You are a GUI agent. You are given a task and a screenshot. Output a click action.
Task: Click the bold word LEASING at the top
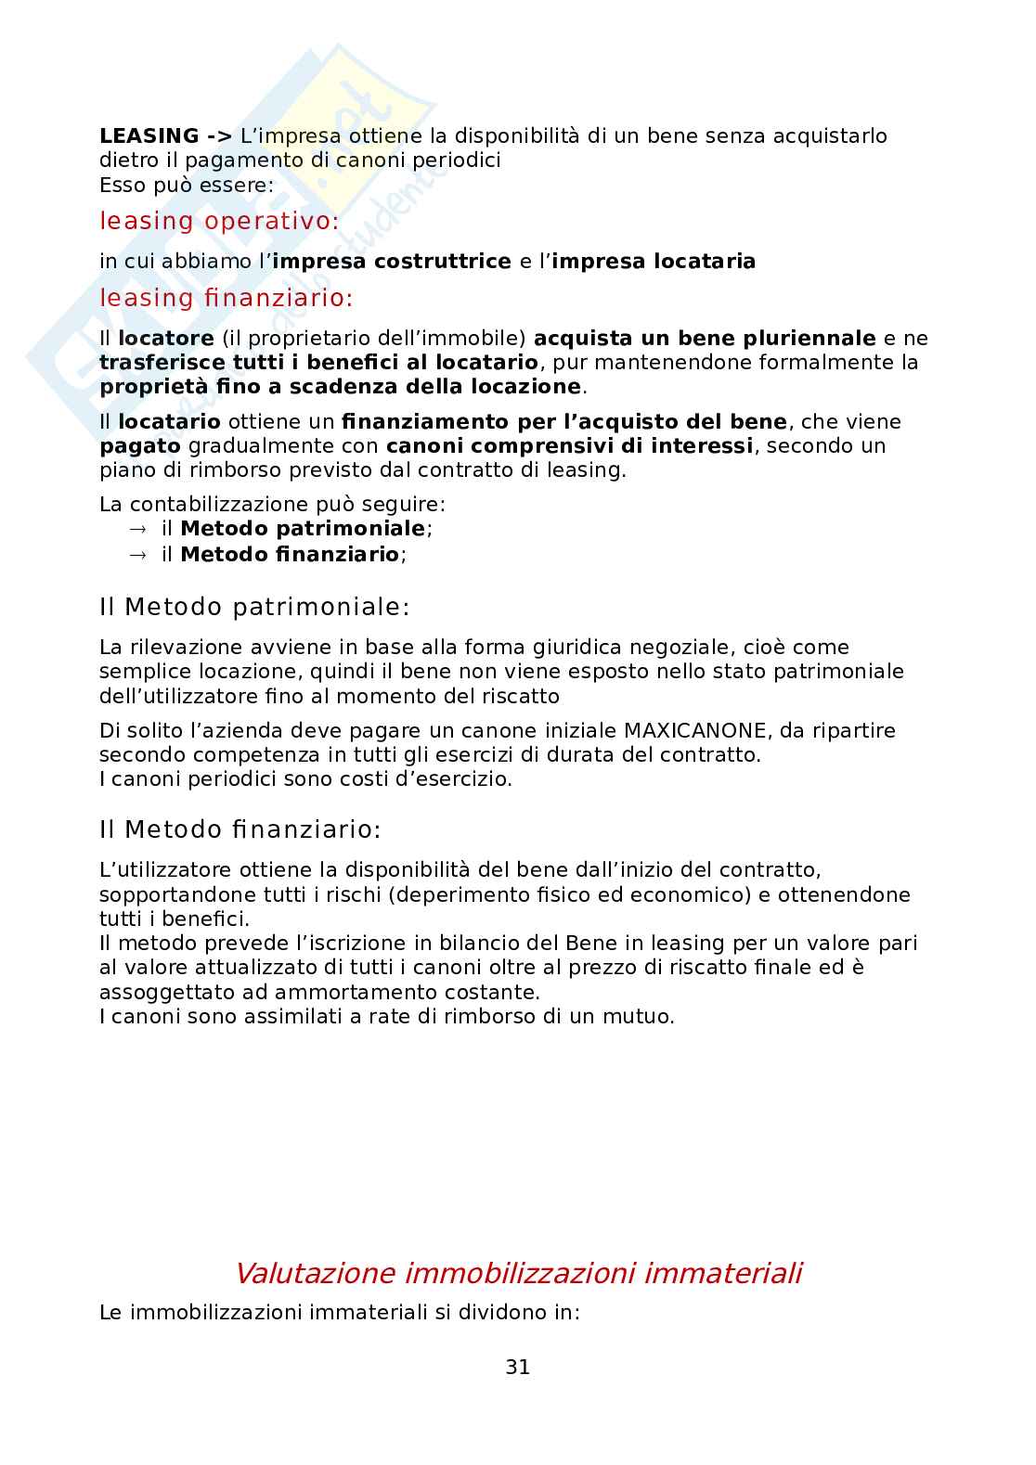(149, 136)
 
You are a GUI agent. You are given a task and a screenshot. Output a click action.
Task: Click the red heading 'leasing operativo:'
(219, 222)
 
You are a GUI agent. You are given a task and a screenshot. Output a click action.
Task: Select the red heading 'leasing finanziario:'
(227, 299)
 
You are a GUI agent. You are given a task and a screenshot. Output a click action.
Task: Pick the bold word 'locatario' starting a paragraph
(169, 422)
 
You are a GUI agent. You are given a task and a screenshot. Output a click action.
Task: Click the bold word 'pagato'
(139, 446)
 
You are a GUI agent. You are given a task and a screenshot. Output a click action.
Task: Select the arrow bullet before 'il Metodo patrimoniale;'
(137, 530)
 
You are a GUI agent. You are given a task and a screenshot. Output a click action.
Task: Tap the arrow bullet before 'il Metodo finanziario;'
(137, 555)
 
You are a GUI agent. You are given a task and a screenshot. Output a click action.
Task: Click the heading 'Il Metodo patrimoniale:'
(253, 608)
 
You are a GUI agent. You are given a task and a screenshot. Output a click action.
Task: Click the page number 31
(518, 1367)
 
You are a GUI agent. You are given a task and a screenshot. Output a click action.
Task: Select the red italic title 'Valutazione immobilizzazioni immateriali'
(518, 1273)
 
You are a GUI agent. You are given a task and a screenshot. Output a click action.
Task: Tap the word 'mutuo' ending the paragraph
(640, 1017)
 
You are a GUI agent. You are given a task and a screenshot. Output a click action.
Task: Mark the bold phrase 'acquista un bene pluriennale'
(705, 338)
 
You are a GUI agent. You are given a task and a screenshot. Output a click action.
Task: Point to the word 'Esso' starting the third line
(122, 185)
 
